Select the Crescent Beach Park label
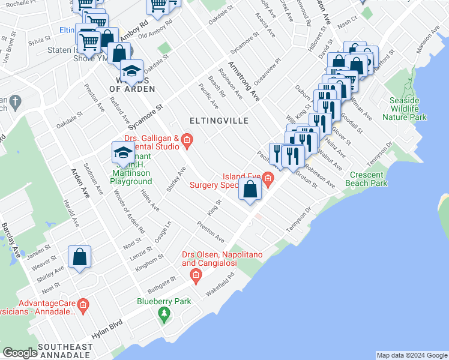pos(368,179)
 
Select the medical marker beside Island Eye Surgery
pos(268,178)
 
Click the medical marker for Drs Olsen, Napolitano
pos(195,275)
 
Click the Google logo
pos(20,353)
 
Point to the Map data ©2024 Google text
pos(411,355)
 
